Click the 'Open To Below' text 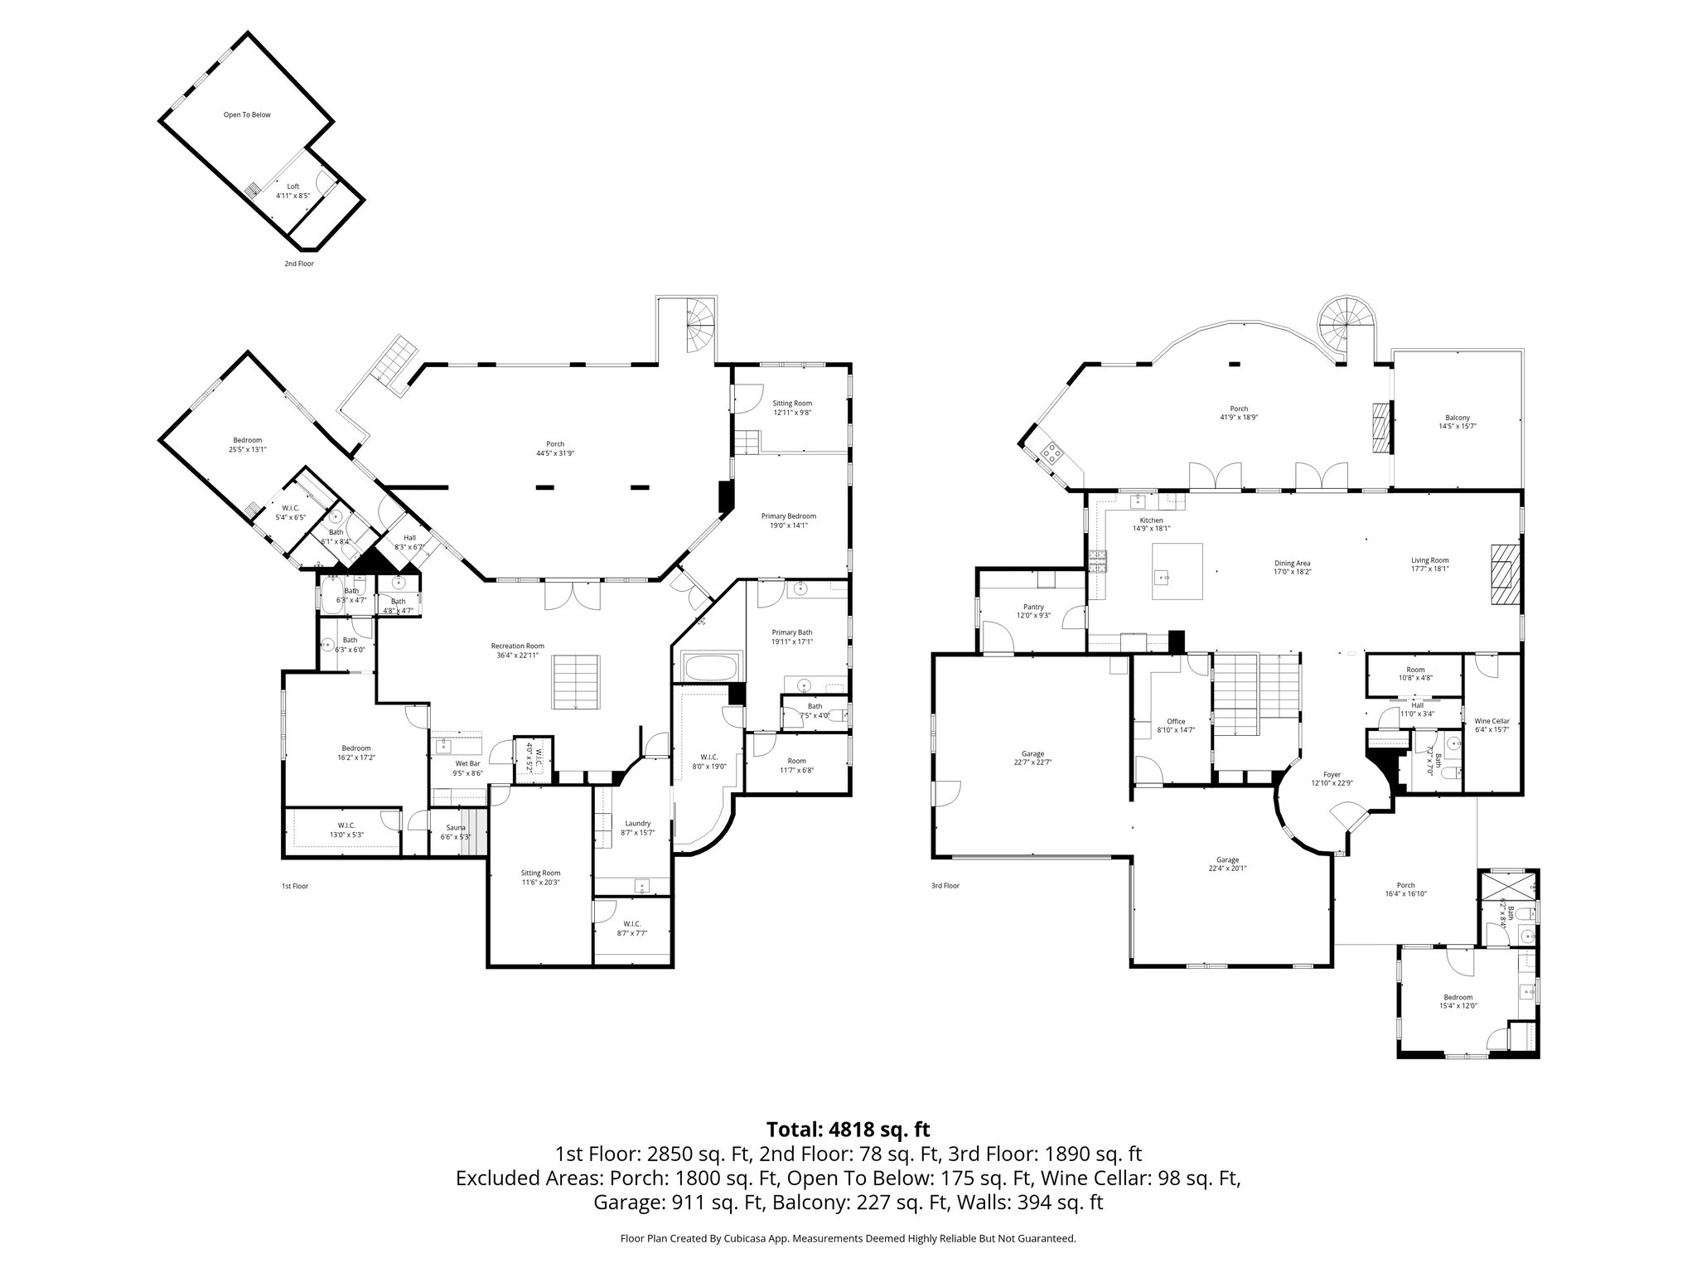(247, 114)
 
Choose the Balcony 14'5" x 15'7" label (1458, 422)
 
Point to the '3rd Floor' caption (945, 886)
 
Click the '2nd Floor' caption (299, 264)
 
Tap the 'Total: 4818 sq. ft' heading (848, 1129)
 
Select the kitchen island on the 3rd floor (1177, 570)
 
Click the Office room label (1176, 725)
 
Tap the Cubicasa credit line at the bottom (848, 1238)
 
